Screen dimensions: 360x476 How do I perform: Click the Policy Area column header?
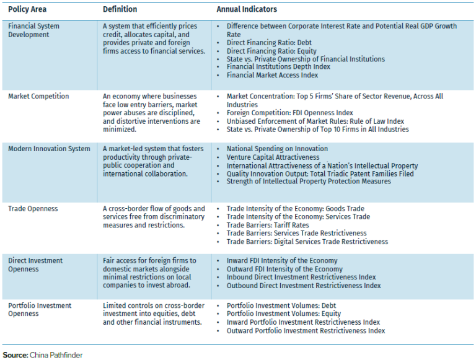[27, 10]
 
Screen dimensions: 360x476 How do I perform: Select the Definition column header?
[120, 10]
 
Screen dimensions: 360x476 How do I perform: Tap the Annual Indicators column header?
[246, 10]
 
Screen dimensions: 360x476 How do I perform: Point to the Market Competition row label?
[38, 97]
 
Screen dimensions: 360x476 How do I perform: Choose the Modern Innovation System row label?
[48, 149]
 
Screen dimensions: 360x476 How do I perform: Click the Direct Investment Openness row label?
[36, 265]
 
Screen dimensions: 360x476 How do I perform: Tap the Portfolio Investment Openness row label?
[40, 310]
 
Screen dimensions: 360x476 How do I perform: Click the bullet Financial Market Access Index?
[272, 75]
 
